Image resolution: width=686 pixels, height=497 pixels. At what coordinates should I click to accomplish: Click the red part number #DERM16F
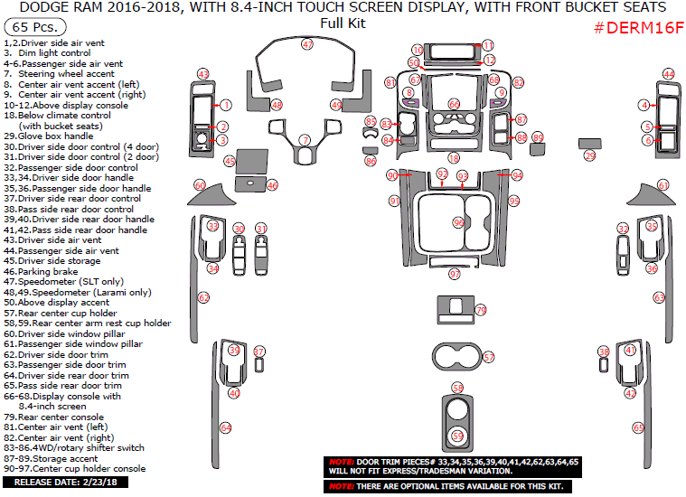[x=638, y=28]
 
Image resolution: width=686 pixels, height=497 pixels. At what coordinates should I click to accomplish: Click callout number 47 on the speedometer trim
[x=307, y=44]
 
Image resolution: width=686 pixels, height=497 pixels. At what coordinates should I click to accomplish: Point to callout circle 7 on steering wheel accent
[x=305, y=140]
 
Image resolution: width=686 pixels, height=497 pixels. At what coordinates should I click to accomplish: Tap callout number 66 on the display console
[x=454, y=104]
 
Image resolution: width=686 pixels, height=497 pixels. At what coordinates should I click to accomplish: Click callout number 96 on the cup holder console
[x=459, y=222]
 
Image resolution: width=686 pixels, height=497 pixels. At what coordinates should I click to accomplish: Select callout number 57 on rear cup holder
[x=489, y=358]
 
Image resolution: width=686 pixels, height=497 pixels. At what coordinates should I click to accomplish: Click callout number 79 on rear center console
[x=481, y=310]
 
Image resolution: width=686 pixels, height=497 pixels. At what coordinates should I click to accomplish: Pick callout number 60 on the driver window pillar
[x=200, y=185]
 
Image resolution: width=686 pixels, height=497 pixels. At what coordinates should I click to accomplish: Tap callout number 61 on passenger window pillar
[x=663, y=185]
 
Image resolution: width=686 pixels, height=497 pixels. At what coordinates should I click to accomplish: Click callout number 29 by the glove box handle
[x=590, y=156]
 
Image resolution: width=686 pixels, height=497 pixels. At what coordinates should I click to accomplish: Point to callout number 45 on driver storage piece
[x=230, y=162]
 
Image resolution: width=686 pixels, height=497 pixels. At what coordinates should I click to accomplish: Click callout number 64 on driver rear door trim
[x=226, y=427]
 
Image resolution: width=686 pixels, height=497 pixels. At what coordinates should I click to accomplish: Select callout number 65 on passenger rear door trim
[x=638, y=427]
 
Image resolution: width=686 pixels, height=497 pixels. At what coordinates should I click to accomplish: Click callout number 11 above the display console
[x=488, y=45]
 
